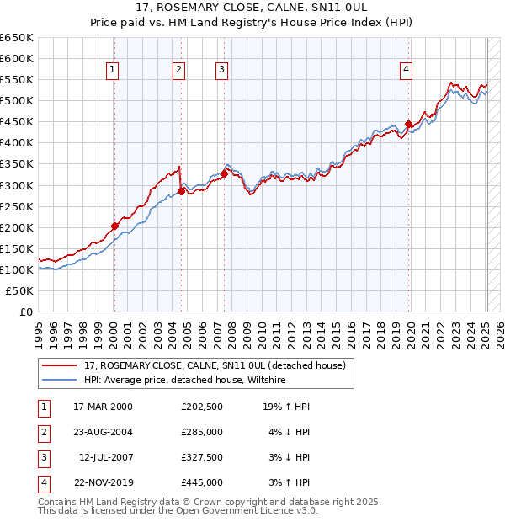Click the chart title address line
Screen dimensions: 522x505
pos(252,8)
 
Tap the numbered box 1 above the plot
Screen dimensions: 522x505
pos(112,70)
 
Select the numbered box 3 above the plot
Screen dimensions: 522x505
pos(221,70)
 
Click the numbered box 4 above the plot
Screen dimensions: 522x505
pos(406,70)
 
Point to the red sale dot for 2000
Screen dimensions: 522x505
pos(114,226)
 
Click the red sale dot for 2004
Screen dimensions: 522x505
pos(181,191)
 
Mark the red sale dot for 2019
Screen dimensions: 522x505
pos(408,124)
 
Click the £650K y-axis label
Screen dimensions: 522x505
pos(17,38)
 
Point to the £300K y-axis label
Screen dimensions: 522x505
pos(17,185)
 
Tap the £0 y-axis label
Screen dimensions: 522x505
pos(26,312)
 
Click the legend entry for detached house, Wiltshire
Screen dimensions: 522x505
pos(185,381)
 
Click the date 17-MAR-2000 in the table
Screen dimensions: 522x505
pos(103,407)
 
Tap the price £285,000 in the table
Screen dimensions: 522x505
pos(202,432)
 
